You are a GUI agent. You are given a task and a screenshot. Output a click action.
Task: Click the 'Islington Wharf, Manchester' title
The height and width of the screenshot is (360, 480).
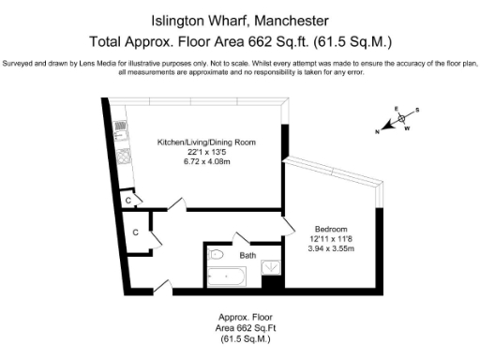pos(239,19)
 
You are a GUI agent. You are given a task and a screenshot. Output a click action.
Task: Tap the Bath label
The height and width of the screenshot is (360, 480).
pos(247,255)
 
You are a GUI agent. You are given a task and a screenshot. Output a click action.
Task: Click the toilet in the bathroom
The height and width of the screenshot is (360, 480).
pos(216,254)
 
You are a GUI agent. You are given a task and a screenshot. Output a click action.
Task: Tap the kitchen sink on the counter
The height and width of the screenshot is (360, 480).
pos(123,154)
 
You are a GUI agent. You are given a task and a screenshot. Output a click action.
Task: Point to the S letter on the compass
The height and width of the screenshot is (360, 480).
pos(418,109)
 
